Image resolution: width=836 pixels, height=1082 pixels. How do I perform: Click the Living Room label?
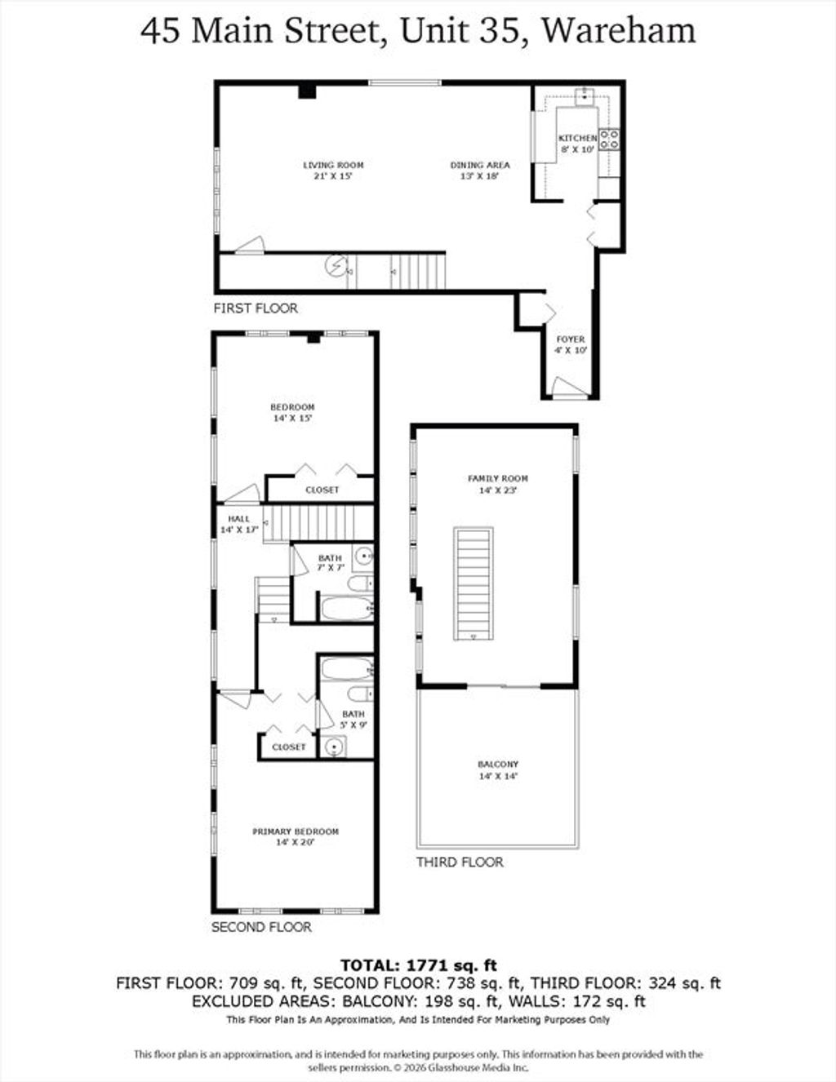coord(333,171)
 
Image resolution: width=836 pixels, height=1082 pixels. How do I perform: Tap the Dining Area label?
coord(480,171)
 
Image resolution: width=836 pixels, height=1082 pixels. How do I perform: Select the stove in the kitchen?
coord(609,139)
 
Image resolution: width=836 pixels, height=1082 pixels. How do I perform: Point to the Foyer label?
coord(571,344)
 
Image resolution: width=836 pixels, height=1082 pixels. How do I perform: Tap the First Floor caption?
coord(256,308)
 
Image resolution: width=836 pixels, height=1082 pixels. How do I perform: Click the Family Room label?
coord(498,484)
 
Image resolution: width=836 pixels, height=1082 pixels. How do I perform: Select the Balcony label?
coord(498,769)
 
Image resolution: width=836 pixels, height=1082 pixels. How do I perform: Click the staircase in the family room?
coord(474,583)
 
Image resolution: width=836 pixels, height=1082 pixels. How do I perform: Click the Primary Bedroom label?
coord(296,837)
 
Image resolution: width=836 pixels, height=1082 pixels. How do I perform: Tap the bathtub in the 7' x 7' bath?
coord(347,607)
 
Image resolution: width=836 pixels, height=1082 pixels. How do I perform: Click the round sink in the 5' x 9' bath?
coord(333,747)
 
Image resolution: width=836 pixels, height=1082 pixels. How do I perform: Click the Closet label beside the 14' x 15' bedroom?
coord(322,490)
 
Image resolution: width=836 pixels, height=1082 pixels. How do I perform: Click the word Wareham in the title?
coord(618,31)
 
